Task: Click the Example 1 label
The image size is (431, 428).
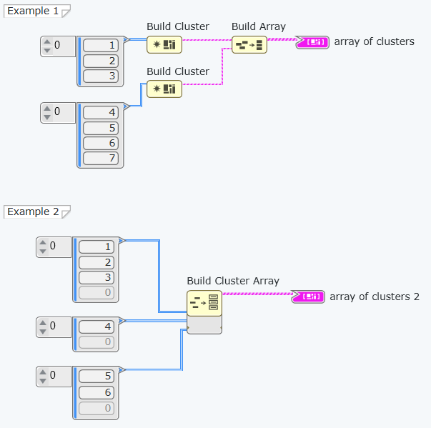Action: (x=33, y=11)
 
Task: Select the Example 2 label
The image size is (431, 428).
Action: (x=33, y=211)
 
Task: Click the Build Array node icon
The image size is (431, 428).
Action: (x=249, y=45)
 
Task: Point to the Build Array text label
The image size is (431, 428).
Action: (x=258, y=26)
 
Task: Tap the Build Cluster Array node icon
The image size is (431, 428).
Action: (x=204, y=304)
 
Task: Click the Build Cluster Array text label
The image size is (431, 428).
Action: (x=233, y=281)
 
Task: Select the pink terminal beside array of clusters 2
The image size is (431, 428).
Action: (x=309, y=297)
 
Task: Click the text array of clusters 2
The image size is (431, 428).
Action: (x=374, y=297)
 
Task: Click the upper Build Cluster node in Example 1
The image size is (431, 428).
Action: (x=164, y=45)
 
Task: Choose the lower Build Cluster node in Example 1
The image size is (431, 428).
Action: (x=164, y=89)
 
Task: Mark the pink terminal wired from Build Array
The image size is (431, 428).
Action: (x=313, y=42)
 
